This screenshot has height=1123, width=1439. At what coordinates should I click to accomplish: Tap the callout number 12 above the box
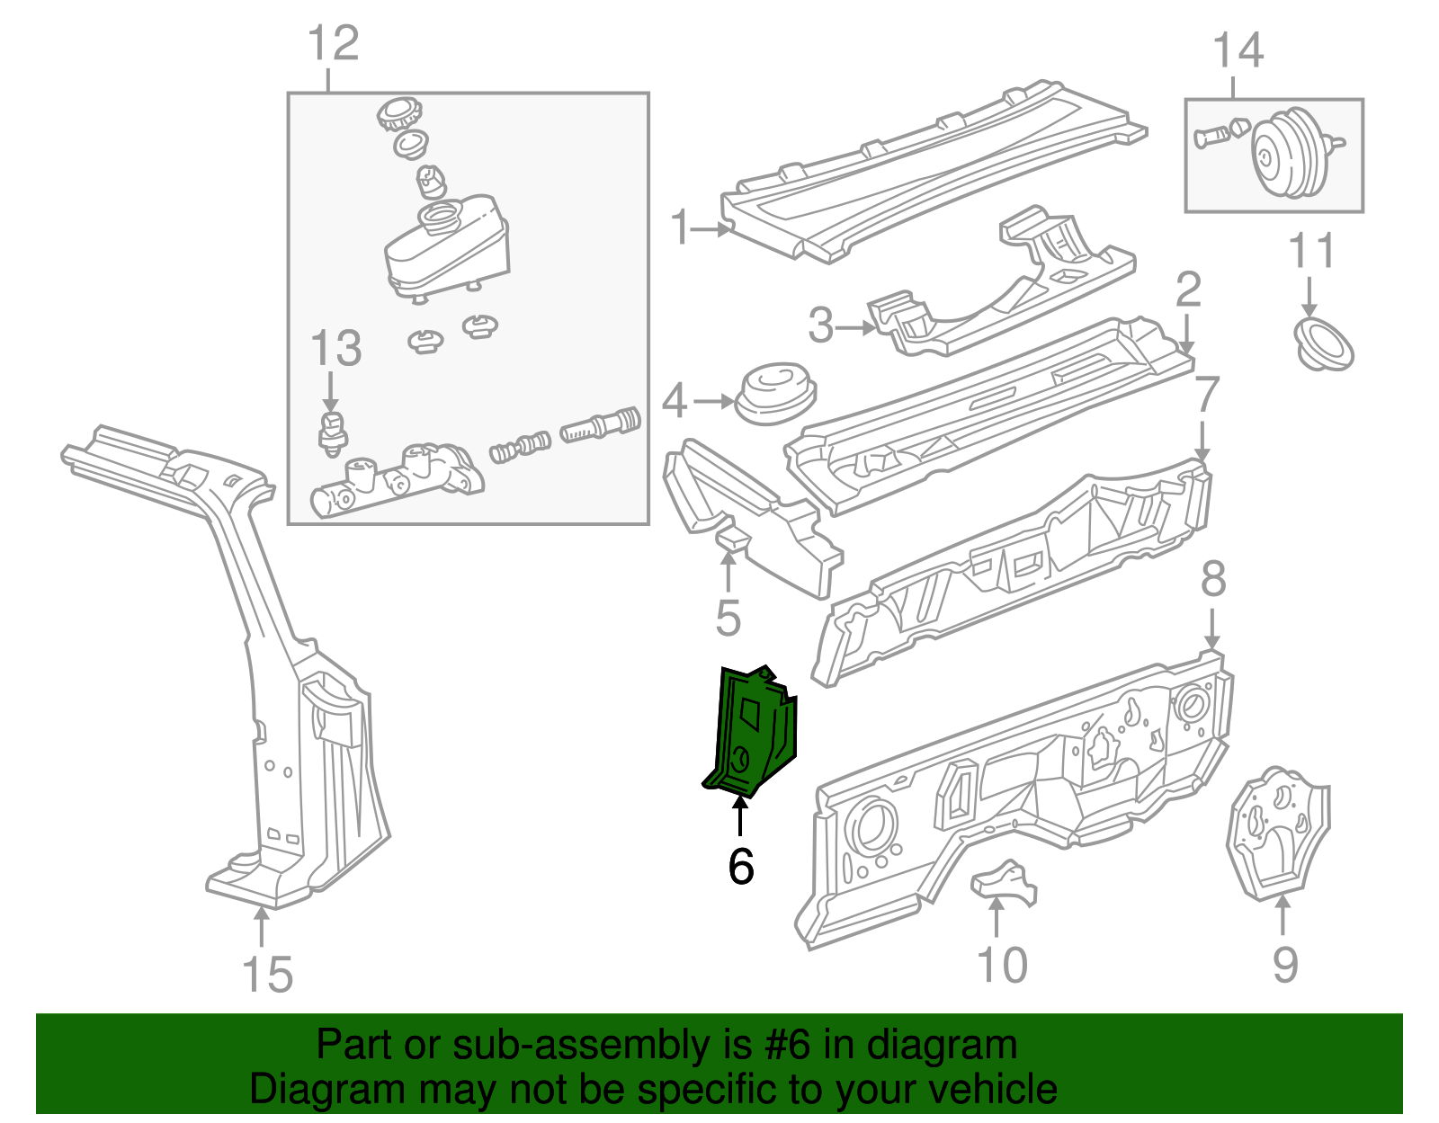(x=333, y=43)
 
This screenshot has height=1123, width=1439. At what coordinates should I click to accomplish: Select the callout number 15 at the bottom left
(x=267, y=975)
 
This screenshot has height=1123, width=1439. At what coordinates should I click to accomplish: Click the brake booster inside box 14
(x=1289, y=155)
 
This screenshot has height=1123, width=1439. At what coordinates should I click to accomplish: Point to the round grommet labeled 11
(x=1323, y=344)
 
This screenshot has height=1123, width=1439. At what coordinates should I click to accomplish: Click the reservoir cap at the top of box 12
(x=397, y=114)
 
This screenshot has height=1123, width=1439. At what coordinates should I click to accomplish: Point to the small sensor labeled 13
(x=334, y=430)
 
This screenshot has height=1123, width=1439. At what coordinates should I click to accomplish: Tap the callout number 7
(x=1206, y=396)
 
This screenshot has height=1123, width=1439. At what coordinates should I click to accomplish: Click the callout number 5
(x=728, y=618)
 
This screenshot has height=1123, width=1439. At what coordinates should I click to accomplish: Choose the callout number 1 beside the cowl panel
(x=680, y=227)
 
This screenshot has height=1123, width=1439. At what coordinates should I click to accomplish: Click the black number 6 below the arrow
(x=740, y=866)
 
